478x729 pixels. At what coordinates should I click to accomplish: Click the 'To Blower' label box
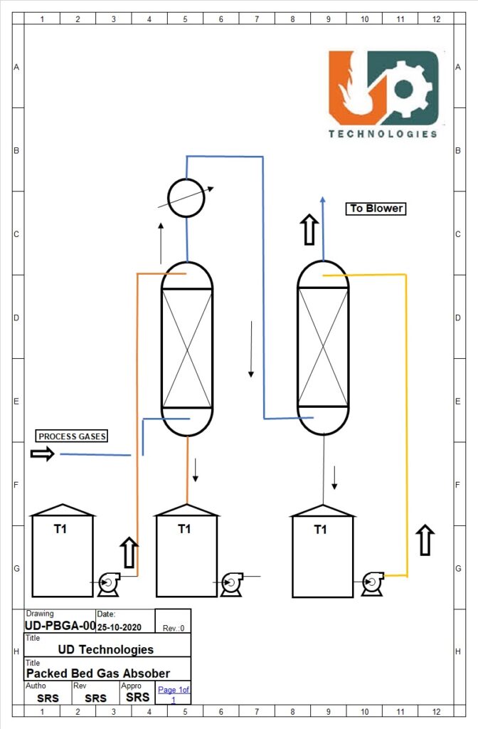point(376,209)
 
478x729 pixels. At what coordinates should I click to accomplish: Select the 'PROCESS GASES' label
point(73,436)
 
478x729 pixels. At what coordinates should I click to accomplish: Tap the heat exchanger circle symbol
point(186,197)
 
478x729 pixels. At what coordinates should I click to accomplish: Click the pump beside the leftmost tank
point(108,583)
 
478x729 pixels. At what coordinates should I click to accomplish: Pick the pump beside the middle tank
point(232,582)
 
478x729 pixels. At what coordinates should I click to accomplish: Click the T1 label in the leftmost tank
point(61,529)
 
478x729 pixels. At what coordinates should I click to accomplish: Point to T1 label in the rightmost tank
point(321,529)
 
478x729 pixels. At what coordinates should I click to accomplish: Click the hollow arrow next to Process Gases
point(43,453)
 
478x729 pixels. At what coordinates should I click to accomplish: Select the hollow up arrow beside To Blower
point(309,230)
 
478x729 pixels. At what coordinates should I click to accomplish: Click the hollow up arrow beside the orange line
point(129,552)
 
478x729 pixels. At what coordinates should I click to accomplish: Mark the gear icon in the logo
point(405,88)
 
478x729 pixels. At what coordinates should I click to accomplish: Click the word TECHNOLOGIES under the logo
point(383,133)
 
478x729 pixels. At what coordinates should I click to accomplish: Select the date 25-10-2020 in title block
point(122,626)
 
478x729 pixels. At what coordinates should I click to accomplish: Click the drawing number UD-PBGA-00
point(59,626)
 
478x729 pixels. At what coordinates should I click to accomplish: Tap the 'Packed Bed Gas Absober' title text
point(98,673)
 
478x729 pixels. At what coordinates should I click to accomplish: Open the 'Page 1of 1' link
point(174,694)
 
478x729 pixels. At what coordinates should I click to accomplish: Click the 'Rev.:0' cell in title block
point(174,628)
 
